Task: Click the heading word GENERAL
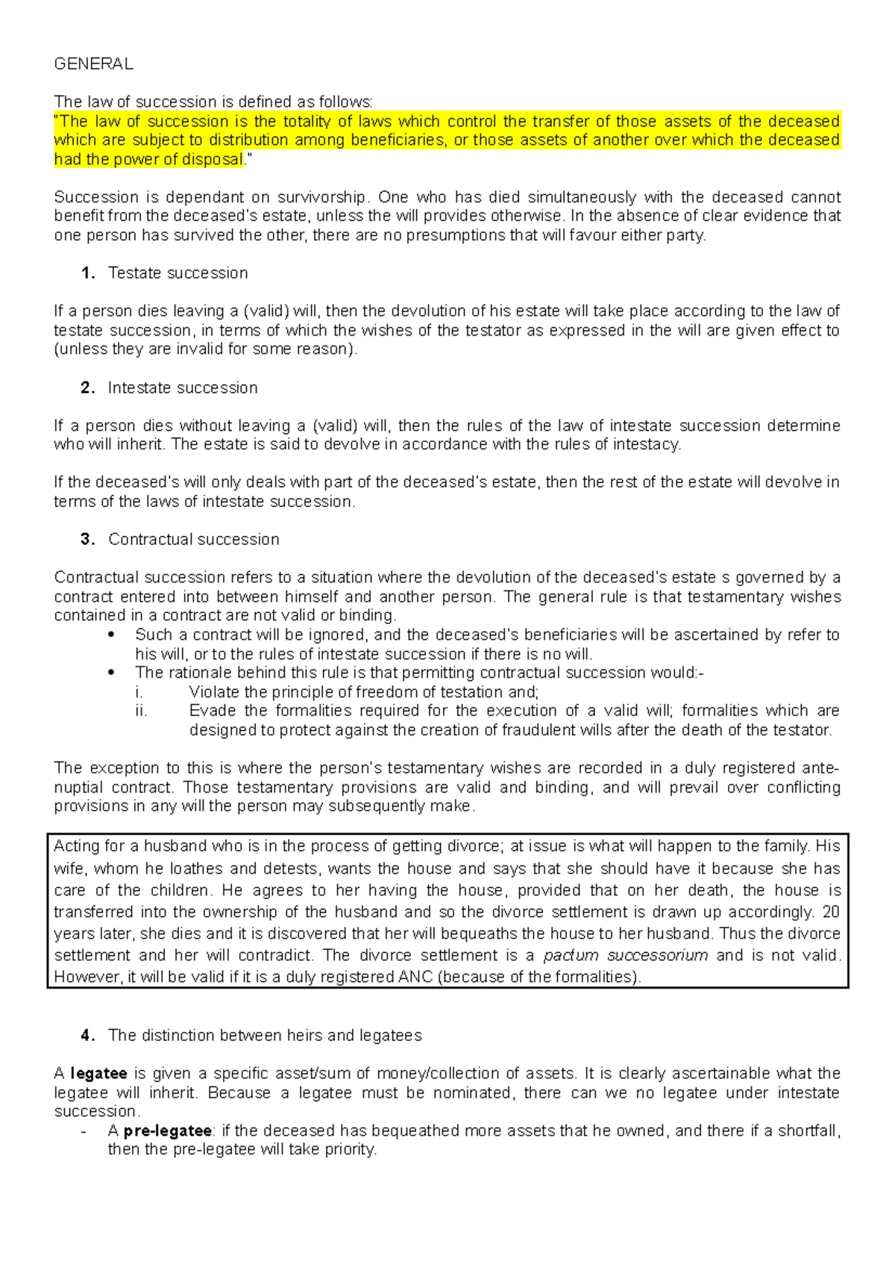click(x=93, y=64)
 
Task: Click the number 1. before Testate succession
click(x=88, y=274)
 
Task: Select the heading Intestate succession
click(x=183, y=388)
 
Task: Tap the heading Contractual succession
click(x=194, y=540)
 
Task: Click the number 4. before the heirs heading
click(x=88, y=1036)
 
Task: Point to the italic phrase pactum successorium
click(x=625, y=956)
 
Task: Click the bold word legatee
click(x=98, y=1074)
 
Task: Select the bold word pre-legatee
click(x=167, y=1131)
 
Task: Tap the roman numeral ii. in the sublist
click(x=142, y=711)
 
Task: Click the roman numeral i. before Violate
click(x=139, y=692)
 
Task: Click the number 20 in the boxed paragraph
click(x=831, y=913)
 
